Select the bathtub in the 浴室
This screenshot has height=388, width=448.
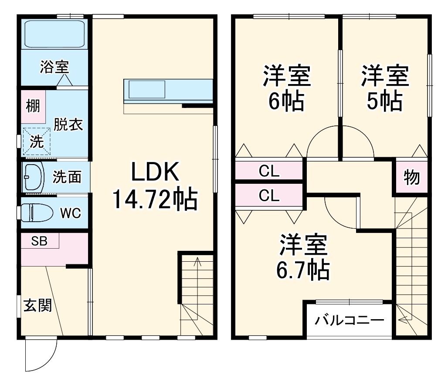54,34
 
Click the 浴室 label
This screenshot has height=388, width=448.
54,67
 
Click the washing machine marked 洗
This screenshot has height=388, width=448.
37,141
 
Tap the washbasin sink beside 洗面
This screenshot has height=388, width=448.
33,177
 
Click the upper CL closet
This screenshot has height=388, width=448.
269,171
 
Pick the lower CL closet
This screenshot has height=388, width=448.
269,196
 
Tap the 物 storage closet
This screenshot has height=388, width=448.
411,177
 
